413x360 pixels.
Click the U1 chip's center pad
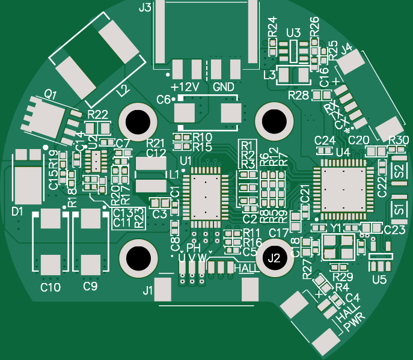pos(205,196)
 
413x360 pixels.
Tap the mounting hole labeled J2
pos(274,258)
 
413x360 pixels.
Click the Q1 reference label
pos(50,95)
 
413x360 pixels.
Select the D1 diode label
pos(17,211)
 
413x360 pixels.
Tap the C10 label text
pos(50,288)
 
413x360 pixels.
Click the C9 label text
pos(90,287)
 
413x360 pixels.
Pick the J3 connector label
pos(145,8)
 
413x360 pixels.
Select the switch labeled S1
pos(398,210)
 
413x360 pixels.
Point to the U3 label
pos(293,32)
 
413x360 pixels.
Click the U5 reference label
pos(379,279)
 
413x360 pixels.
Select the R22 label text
pos(97,114)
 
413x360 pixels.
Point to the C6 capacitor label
pos(164,100)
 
